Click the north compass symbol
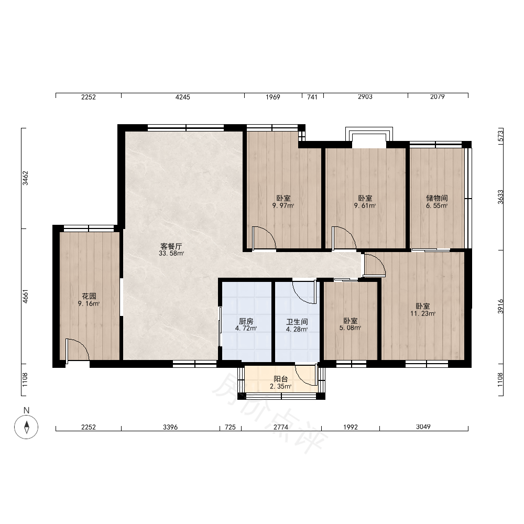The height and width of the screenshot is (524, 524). (26, 427)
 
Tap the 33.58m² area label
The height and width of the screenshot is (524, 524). (171, 253)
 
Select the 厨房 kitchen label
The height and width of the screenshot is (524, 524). (246, 321)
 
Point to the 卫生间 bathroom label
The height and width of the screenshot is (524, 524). (297, 322)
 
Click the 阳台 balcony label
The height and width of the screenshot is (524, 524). (281, 379)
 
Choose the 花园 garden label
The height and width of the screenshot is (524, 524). (89, 296)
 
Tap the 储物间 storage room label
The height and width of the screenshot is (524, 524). (437, 198)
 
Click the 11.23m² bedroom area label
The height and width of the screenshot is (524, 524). (423, 313)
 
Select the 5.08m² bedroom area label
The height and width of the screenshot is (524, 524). (350, 328)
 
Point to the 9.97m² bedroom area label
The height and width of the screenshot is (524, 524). (283, 205)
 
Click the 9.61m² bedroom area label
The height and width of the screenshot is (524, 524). (365, 205)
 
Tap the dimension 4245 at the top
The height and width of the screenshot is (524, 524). (183, 97)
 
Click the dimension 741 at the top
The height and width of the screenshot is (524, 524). (312, 97)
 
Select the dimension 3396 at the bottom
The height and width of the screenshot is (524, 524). (170, 427)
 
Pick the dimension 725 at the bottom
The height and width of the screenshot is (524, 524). (230, 427)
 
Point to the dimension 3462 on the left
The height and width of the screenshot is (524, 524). (25, 178)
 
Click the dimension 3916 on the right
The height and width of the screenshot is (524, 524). (500, 306)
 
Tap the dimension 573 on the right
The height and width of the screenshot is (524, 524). (500, 136)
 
